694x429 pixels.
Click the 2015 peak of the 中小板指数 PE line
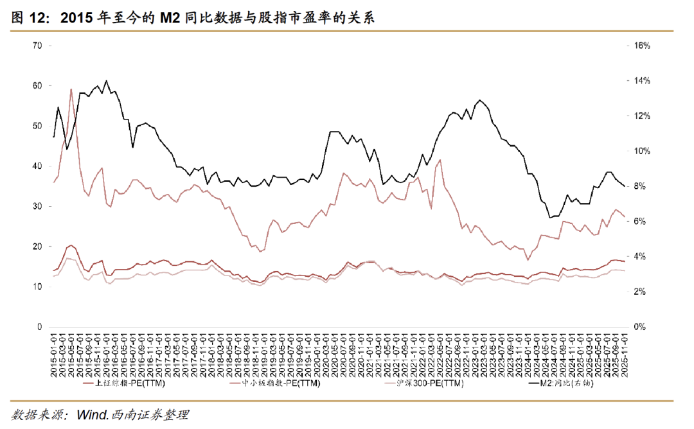71,89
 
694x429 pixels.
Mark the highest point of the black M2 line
106,81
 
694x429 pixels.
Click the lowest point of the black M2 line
551,218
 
